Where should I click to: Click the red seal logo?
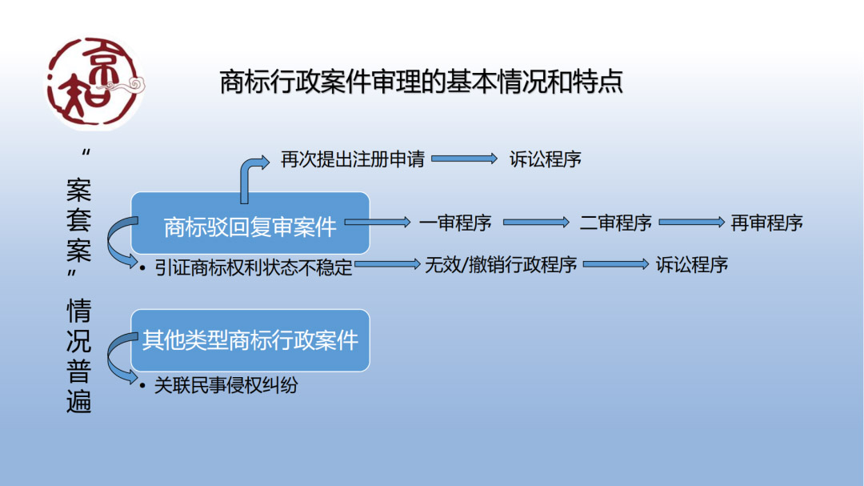(x=94, y=83)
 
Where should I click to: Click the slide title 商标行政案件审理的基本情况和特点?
(x=421, y=82)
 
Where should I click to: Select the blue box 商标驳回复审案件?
(x=250, y=223)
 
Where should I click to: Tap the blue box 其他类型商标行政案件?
(x=250, y=340)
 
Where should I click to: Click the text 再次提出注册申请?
(x=353, y=159)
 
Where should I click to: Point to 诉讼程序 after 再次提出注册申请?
(x=545, y=159)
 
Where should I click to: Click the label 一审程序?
(x=455, y=223)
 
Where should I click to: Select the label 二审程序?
(x=615, y=223)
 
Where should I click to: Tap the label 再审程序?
(x=766, y=223)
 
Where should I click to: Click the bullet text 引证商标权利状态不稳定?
(x=253, y=267)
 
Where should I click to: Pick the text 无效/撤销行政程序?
(x=501, y=265)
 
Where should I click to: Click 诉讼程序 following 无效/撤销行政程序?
(x=691, y=265)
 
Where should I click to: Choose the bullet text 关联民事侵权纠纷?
(x=226, y=385)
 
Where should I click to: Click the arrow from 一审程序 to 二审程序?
(x=536, y=223)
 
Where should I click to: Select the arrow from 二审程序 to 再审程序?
(x=691, y=223)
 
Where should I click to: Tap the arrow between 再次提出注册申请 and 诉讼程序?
(x=464, y=159)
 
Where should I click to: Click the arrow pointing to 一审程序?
(x=378, y=223)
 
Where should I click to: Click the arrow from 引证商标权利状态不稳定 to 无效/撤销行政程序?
(x=387, y=265)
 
